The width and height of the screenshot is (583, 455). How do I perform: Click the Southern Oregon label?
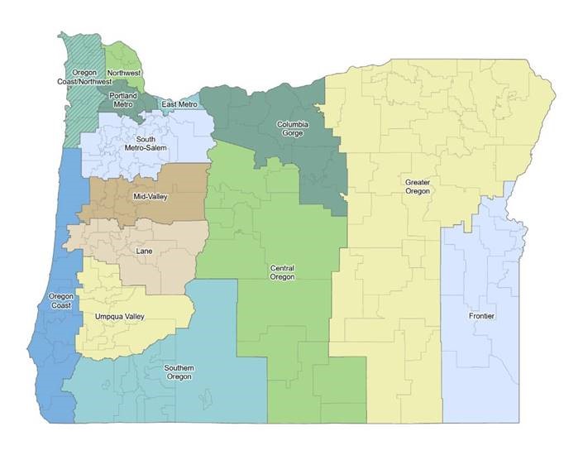pos(179,372)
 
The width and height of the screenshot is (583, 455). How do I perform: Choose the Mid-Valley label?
pos(151,197)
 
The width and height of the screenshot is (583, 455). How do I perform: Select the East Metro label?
pos(179,104)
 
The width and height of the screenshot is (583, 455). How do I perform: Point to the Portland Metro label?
pos(122,100)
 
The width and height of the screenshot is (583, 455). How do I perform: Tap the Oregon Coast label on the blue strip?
pos(61,301)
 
